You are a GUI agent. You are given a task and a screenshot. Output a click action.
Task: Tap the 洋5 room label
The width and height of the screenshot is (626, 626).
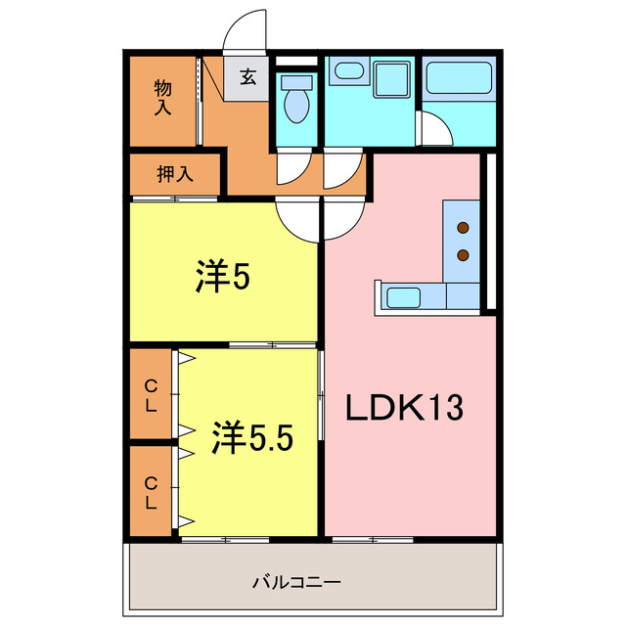tap(224, 279)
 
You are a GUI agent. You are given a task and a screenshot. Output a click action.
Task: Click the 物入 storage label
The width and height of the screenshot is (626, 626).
tap(163, 97)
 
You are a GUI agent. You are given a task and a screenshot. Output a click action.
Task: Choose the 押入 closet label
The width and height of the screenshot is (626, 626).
tap(175, 174)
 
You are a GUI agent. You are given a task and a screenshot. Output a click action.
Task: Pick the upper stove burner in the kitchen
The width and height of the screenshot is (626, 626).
tap(463, 230)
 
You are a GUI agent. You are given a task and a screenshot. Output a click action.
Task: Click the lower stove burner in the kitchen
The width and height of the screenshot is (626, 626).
tap(463, 255)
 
